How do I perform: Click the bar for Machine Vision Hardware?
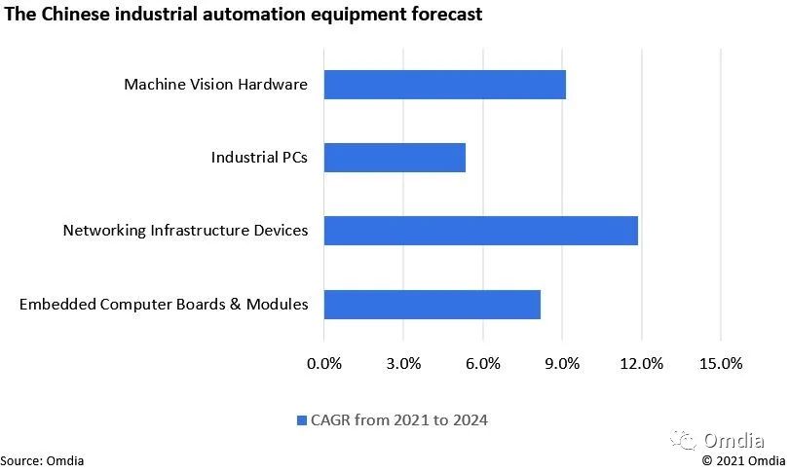(444, 85)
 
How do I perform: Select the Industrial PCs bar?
(395, 158)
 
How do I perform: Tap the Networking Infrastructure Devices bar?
(480, 231)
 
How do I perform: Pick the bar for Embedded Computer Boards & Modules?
(432, 305)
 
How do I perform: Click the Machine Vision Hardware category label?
(215, 85)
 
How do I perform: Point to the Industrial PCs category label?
(259, 158)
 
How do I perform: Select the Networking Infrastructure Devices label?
(185, 231)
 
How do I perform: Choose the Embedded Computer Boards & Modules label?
(164, 305)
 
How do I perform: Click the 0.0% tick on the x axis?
(324, 364)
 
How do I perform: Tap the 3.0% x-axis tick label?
(403, 364)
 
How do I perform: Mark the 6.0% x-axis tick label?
(483, 364)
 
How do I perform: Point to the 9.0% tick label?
(562, 364)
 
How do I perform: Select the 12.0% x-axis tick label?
(641, 364)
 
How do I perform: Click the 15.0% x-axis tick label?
(721, 364)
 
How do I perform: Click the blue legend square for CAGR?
(301, 420)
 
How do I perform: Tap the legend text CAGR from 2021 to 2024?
(399, 420)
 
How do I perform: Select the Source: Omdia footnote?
(42, 460)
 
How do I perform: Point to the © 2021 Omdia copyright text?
(743, 460)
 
